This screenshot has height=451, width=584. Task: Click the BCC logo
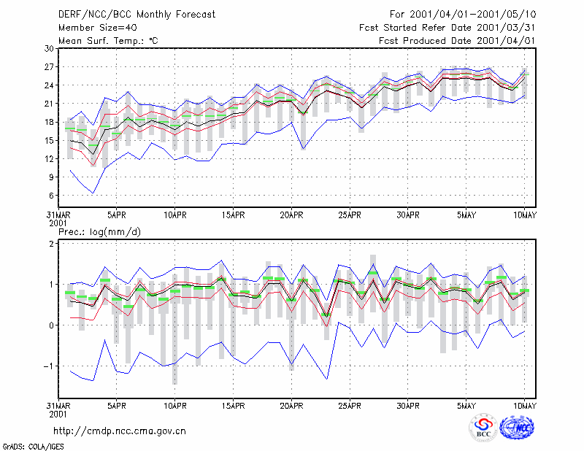(483, 428)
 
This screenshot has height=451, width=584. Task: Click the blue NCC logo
(517, 428)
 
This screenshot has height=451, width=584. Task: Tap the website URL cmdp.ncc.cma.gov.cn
(120, 431)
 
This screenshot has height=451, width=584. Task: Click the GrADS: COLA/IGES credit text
(33, 447)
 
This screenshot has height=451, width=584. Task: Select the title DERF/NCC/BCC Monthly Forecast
(137, 15)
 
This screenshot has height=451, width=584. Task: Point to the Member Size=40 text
(98, 28)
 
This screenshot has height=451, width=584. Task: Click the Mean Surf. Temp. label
(108, 41)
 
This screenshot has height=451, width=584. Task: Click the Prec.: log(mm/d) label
(99, 232)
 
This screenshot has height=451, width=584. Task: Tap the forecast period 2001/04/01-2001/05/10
(463, 15)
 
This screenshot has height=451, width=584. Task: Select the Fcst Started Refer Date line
(447, 28)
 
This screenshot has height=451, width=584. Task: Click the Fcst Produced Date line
(457, 41)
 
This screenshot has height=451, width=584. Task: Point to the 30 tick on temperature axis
(49, 49)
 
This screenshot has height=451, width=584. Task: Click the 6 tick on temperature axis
(51, 196)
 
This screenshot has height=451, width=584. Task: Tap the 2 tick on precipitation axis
(51, 244)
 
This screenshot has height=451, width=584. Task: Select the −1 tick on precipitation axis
(48, 366)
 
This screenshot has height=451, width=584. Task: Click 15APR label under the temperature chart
(233, 215)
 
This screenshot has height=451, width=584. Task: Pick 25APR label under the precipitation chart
(350, 406)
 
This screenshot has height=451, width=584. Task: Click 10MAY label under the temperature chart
(525, 215)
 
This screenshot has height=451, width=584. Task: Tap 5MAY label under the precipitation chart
(466, 406)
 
